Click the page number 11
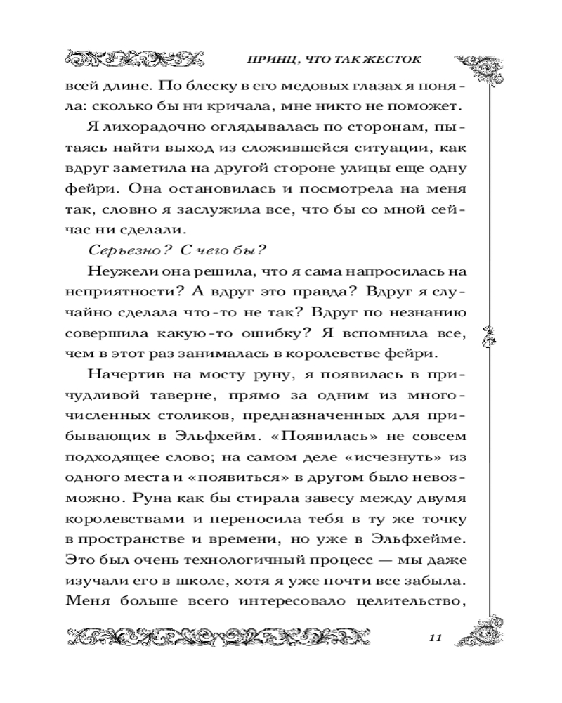(x=434, y=638)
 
